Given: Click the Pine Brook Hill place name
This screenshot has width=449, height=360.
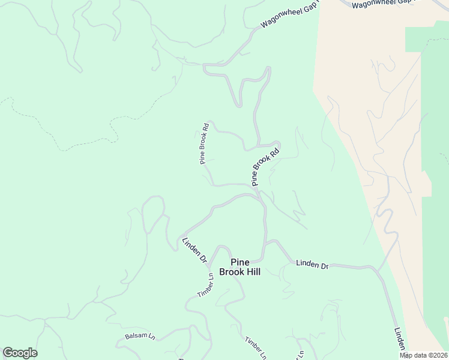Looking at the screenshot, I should coord(244,267).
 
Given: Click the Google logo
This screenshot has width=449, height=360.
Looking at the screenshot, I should coord(20,353).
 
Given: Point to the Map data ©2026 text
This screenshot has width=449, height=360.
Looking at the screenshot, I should coord(423,355).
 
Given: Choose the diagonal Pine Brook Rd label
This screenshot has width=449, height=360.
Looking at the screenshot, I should coord(265,167).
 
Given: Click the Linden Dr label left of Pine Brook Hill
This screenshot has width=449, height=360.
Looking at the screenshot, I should coord(194,251).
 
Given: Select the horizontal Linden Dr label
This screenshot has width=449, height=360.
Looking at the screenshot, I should coord(312,265).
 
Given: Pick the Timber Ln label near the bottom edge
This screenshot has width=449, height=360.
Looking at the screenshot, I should coord(256,348).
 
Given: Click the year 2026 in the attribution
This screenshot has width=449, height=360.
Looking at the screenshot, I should coord(438,355).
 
